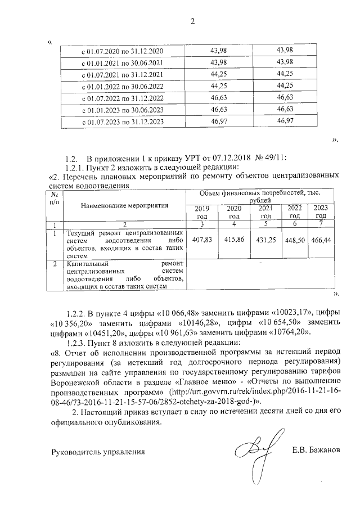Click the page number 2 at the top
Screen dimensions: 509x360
point(192,22)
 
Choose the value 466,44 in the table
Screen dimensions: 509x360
point(321,240)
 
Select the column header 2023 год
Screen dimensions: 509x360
point(321,212)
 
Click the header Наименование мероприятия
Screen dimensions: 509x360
point(124,206)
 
